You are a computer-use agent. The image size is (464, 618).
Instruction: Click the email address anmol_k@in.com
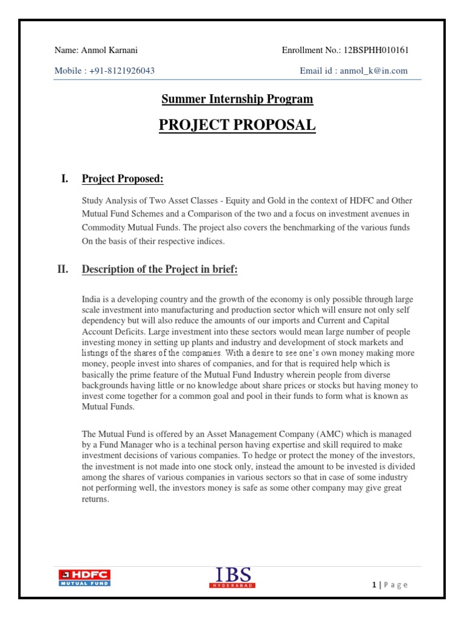(x=373, y=71)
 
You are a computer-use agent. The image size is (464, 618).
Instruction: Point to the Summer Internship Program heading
(x=237, y=99)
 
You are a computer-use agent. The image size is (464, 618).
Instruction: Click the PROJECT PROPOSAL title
(x=237, y=126)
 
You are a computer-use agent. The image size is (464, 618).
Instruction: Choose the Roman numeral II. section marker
(x=63, y=270)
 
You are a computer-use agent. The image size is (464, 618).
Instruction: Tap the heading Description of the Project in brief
(x=159, y=270)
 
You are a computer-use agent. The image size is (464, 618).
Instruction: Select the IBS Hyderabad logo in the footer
(x=233, y=577)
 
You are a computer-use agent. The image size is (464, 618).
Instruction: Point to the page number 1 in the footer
(x=375, y=584)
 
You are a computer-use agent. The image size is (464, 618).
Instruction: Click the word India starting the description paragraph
(x=91, y=299)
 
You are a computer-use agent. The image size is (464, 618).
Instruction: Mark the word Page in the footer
(x=396, y=584)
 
